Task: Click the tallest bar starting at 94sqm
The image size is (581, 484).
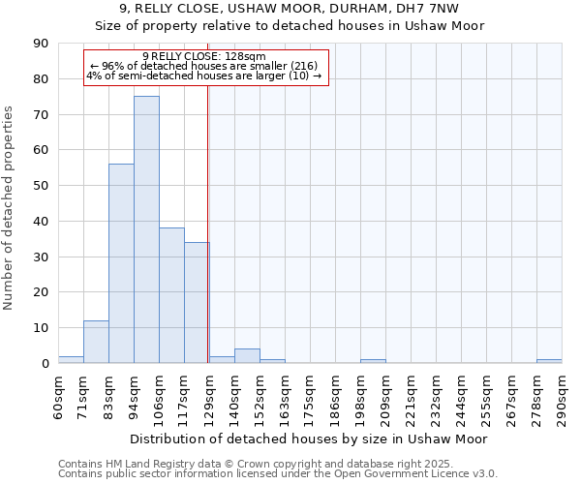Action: point(146,229)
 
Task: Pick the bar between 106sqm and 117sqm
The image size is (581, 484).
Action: point(171,295)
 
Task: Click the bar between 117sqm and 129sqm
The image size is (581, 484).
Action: point(197,302)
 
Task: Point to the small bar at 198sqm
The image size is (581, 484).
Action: point(373,361)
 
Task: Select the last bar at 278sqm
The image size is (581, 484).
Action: point(549,361)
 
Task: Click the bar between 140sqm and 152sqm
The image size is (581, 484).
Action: point(247,356)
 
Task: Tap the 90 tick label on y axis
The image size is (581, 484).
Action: point(42,44)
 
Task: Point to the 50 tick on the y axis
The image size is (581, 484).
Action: point(42,186)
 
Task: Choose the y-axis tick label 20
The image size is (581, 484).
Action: point(42,292)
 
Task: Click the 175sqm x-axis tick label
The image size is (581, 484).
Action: point(310,395)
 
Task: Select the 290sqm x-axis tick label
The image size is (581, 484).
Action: point(562,395)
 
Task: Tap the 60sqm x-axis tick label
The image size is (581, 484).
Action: point(58,395)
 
